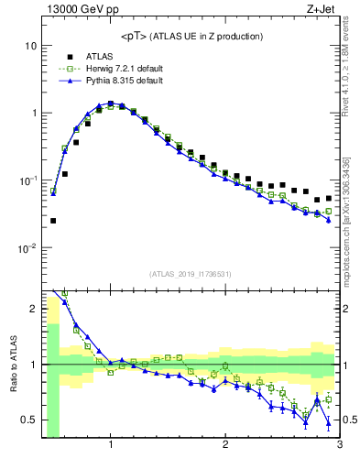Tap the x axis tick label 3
(x=339, y=446)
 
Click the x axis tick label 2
(x=224, y=446)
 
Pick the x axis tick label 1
(x=110, y=446)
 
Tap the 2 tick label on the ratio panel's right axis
(x=347, y=309)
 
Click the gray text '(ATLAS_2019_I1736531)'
(x=191, y=273)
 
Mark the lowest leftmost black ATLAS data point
(x=53, y=221)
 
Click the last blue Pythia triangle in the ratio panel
(x=328, y=421)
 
